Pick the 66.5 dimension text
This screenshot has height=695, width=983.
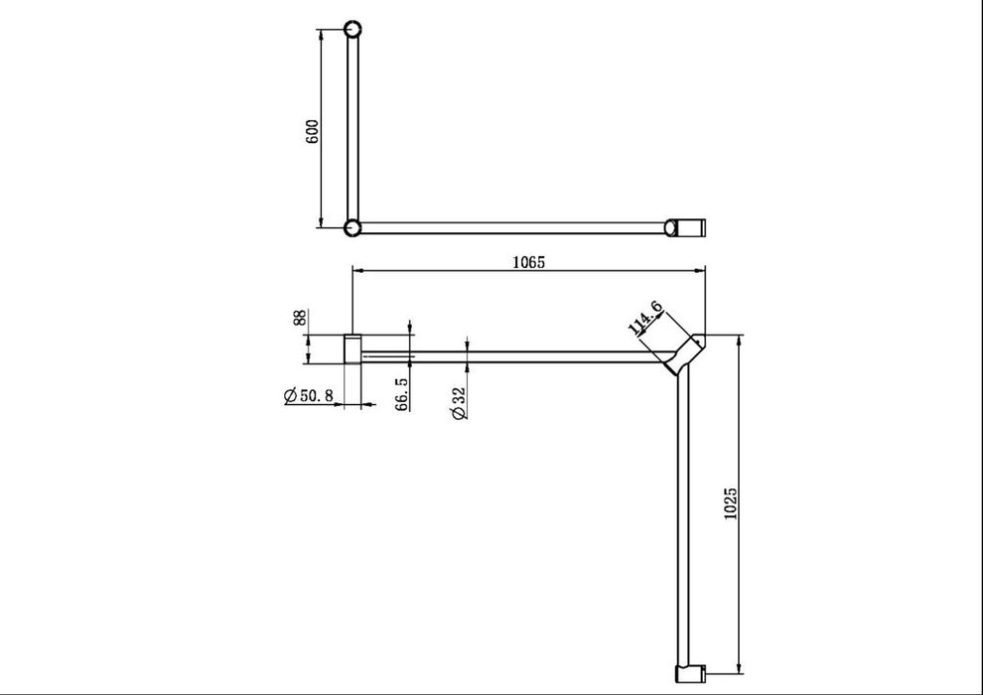point(401,395)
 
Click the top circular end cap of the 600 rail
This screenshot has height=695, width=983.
point(351,29)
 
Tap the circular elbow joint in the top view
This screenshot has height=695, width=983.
point(351,228)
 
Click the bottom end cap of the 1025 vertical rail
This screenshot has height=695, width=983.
point(687,674)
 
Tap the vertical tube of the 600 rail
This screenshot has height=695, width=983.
point(351,129)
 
